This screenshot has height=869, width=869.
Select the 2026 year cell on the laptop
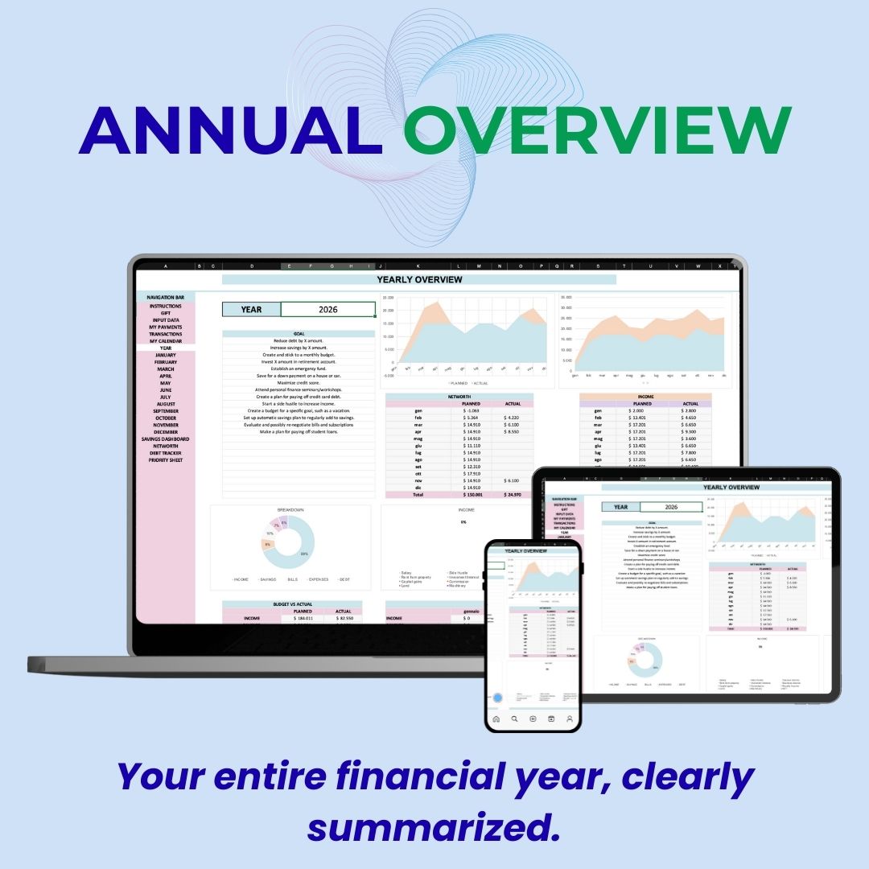pyautogui.click(x=328, y=309)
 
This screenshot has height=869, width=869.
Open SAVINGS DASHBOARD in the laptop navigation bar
pyautogui.click(x=165, y=439)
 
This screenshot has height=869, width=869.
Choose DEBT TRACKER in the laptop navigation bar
pyautogui.click(x=165, y=453)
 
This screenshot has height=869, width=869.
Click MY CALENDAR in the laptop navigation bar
pyautogui.click(x=165, y=341)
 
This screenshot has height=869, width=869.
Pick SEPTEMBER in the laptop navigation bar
pyautogui.click(x=165, y=411)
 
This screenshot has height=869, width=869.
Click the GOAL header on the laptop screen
pyautogui.click(x=299, y=333)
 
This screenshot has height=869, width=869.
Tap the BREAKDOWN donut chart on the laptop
pyautogui.click(x=290, y=542)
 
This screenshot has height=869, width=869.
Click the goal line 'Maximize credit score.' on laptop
pyautogui.click(x=299, y=382)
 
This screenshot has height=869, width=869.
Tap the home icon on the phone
pyautogui.click(x=496, y=719)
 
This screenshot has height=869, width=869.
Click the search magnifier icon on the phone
pyautogui.click(x=514, y=719)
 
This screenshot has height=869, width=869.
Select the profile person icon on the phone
pyautogui.click(x=569, y=719)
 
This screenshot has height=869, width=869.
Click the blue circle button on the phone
pyautogui.click(x=497, y=699)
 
